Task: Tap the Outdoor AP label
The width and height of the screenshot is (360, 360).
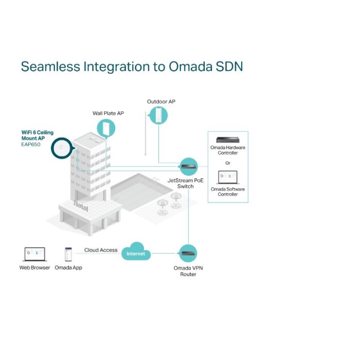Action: point(161,102)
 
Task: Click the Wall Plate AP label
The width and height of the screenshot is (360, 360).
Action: point(108,113)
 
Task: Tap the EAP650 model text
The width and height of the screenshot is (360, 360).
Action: point(24,144)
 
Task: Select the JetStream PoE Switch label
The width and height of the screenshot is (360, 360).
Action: point(185,184)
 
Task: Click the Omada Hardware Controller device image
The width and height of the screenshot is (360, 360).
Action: point(227,140)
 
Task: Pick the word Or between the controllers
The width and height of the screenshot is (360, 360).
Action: point(227,163)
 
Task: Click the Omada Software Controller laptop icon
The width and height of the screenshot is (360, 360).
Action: point(227,177)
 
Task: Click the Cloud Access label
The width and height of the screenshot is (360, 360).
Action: point(101,250)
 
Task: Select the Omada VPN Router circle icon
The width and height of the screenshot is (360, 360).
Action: point(188,253)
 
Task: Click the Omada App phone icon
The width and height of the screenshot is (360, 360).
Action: point(68,255)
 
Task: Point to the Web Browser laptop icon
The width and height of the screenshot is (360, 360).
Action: point(34,254)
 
